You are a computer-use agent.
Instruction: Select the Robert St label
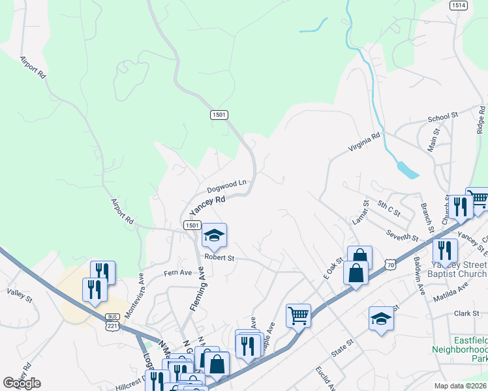[219, 258]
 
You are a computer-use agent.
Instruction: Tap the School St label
[444, 119]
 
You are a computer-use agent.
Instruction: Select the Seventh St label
[401, 236]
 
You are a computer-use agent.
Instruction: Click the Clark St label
[466, 313]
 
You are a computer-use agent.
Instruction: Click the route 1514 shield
[458, 5]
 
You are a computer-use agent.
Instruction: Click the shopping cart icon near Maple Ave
[298, 315]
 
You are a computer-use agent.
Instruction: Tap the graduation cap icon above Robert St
[214, 235]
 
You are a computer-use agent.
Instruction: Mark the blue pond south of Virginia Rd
[406, 170]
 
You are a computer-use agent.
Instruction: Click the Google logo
[22, 383]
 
